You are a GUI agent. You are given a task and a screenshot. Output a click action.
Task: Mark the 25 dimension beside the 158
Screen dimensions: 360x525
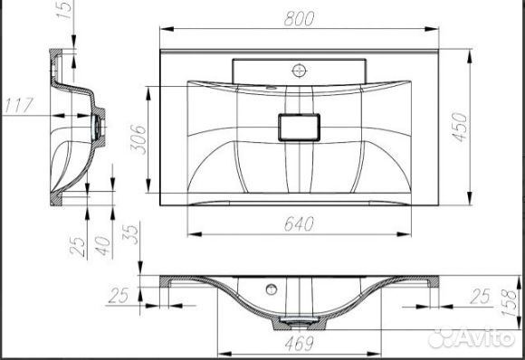pyautogui.click(x=481, y=296)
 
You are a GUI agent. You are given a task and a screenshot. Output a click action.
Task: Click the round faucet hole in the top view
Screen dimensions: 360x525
pyautogui.click(x=299, y=68)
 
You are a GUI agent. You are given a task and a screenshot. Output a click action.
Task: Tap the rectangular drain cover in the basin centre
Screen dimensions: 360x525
pyautogui.click(x=299, y=126)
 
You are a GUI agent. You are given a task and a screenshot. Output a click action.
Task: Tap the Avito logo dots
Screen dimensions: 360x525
pyautogui.click(x=441, y=339)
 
